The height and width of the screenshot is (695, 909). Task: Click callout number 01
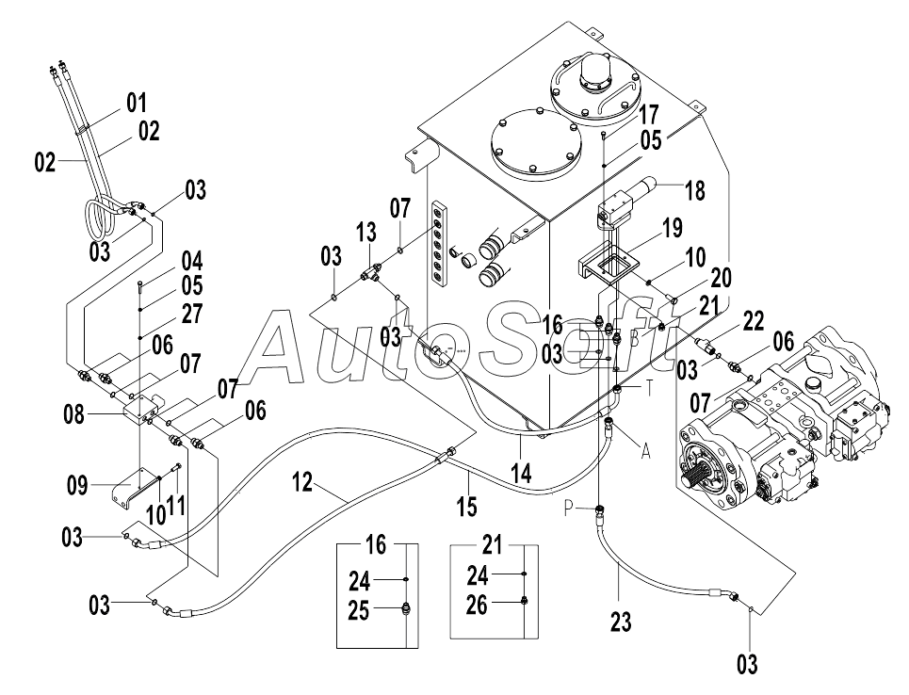[137, 104]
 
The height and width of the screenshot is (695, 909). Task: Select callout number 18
[695, 190]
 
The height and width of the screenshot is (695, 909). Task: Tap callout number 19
[673, 228]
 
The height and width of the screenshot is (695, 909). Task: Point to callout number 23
[621, 622]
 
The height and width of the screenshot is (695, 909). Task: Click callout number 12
[302, 481]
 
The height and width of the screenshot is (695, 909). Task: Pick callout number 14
[521, 474]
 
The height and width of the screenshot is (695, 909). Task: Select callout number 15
[466, 506]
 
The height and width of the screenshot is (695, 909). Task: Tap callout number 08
[74, 415]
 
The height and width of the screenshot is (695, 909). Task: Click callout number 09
[77, 485]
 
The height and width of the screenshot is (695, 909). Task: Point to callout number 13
[365, 232]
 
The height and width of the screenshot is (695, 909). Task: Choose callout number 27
[192, 314]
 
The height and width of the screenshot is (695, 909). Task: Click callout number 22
[753, 320]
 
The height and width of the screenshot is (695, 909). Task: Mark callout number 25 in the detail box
[359, 610]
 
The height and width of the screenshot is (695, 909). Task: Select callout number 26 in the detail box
[478, 606]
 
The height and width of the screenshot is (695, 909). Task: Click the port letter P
[569, 509]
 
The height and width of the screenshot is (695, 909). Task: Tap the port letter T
[650, 388]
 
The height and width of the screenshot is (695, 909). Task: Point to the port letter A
[646, 450]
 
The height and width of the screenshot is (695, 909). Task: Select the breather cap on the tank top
[594, 71]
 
